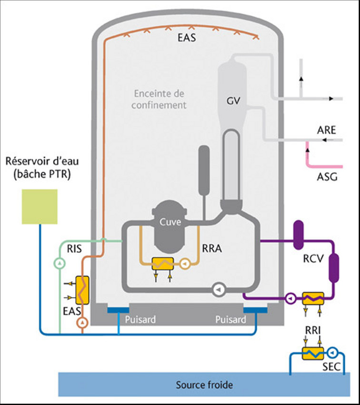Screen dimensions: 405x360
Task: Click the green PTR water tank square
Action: [x=40, y=206]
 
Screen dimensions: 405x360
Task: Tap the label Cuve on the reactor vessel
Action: [x=170, y=222]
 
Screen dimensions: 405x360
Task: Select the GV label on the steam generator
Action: [x=232, y=101]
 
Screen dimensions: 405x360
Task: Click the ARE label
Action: [x=327, y=130]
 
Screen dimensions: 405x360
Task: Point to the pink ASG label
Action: [x=327, y=178]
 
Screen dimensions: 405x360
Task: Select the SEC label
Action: [x=332, y=368]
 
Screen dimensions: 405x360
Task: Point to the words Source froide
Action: [x=204, y=385]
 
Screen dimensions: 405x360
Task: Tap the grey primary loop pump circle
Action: [x=218, y=288]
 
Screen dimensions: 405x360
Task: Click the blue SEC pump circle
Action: [x=332, y=353]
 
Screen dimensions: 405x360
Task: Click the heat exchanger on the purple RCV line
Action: [x=312, y=298]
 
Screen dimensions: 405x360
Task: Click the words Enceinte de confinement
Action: [x=159, y=99]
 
